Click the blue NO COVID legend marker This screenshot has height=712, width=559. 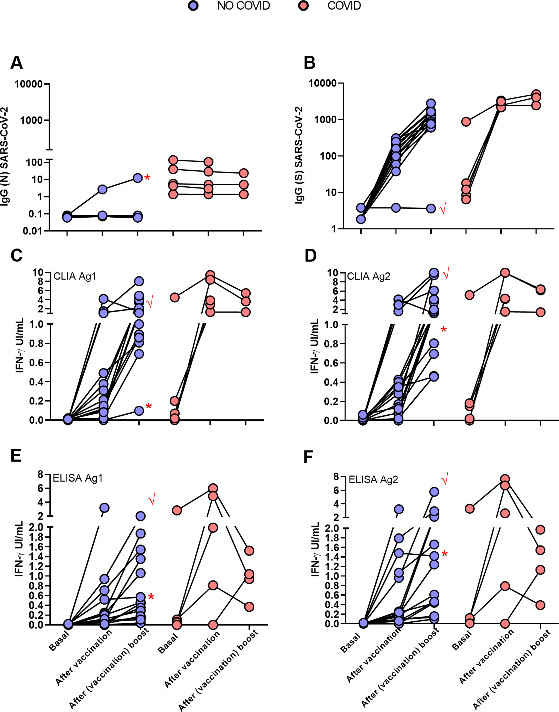point(193,6)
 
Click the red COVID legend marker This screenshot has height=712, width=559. point(304,6)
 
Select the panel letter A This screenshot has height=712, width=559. point(17,63)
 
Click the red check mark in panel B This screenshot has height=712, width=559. point(443,209)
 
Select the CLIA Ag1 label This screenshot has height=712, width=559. point(75,276)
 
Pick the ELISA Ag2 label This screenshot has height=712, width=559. point(373,480)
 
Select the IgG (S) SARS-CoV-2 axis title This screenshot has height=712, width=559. point(299,155)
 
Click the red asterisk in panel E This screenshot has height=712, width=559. point(151,597)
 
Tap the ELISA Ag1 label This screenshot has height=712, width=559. point(78,478)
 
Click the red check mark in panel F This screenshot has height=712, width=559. point(445,481)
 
